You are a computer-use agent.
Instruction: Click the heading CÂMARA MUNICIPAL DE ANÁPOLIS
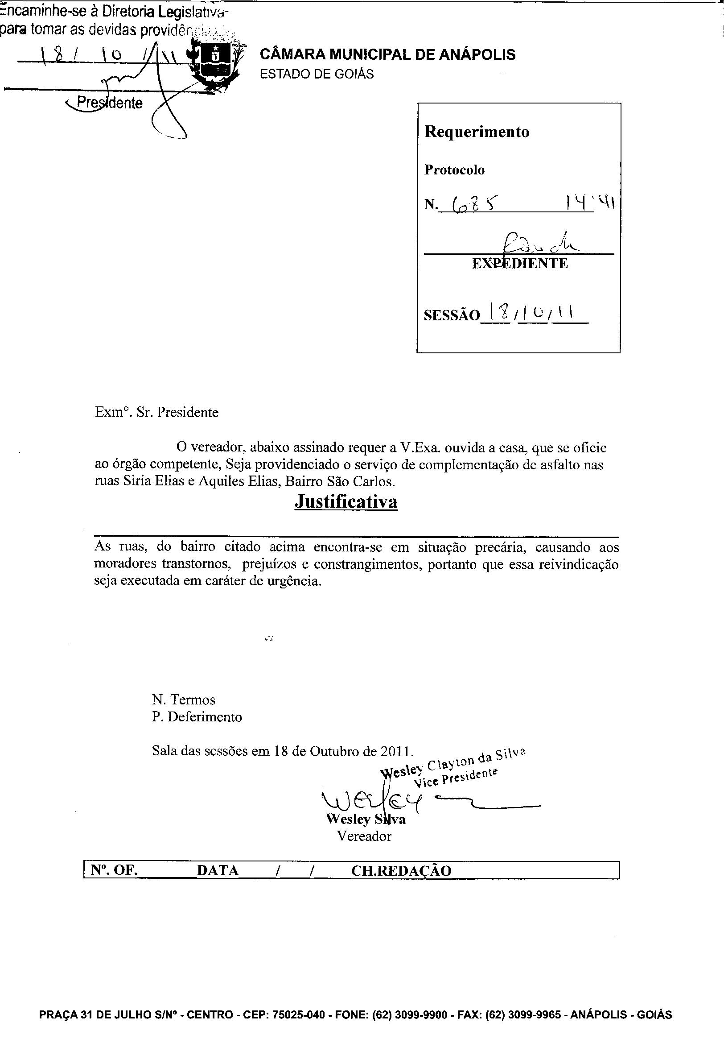click(387, 55)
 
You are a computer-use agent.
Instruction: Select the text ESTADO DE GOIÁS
click(317, 74)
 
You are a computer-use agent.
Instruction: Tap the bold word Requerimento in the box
click(477, 132)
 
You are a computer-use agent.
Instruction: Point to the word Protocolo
click(454, 170)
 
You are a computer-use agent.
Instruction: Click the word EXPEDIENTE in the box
click(520, 264)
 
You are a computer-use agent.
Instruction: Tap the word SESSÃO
click(451, 315)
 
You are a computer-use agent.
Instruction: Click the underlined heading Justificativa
click(346, 502)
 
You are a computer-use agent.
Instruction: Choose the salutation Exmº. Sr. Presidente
click(156, 412)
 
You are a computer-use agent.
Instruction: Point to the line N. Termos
click(184, 699)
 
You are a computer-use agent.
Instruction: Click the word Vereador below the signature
click(364, 836)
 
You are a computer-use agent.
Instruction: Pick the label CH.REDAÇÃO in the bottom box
click(401, 870)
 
